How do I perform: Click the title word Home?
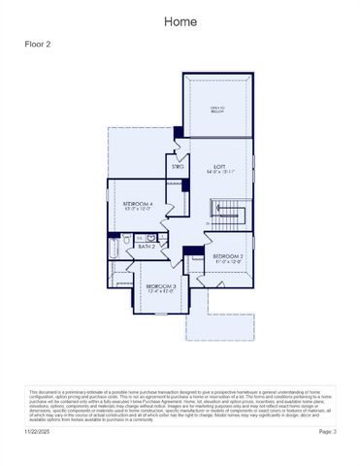tap(180, 21)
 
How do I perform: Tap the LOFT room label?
tap(220, 166)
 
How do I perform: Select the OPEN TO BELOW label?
tap(218, 110)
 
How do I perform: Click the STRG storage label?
tap(179, 167)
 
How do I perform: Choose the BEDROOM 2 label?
tap(227, 255)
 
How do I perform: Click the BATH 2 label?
tap(147, 247)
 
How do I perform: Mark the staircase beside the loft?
tap(232, 212)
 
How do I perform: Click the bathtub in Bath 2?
tap(115, 250)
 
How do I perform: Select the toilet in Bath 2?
tap(127, 239)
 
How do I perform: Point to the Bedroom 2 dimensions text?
tap(227, 261)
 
